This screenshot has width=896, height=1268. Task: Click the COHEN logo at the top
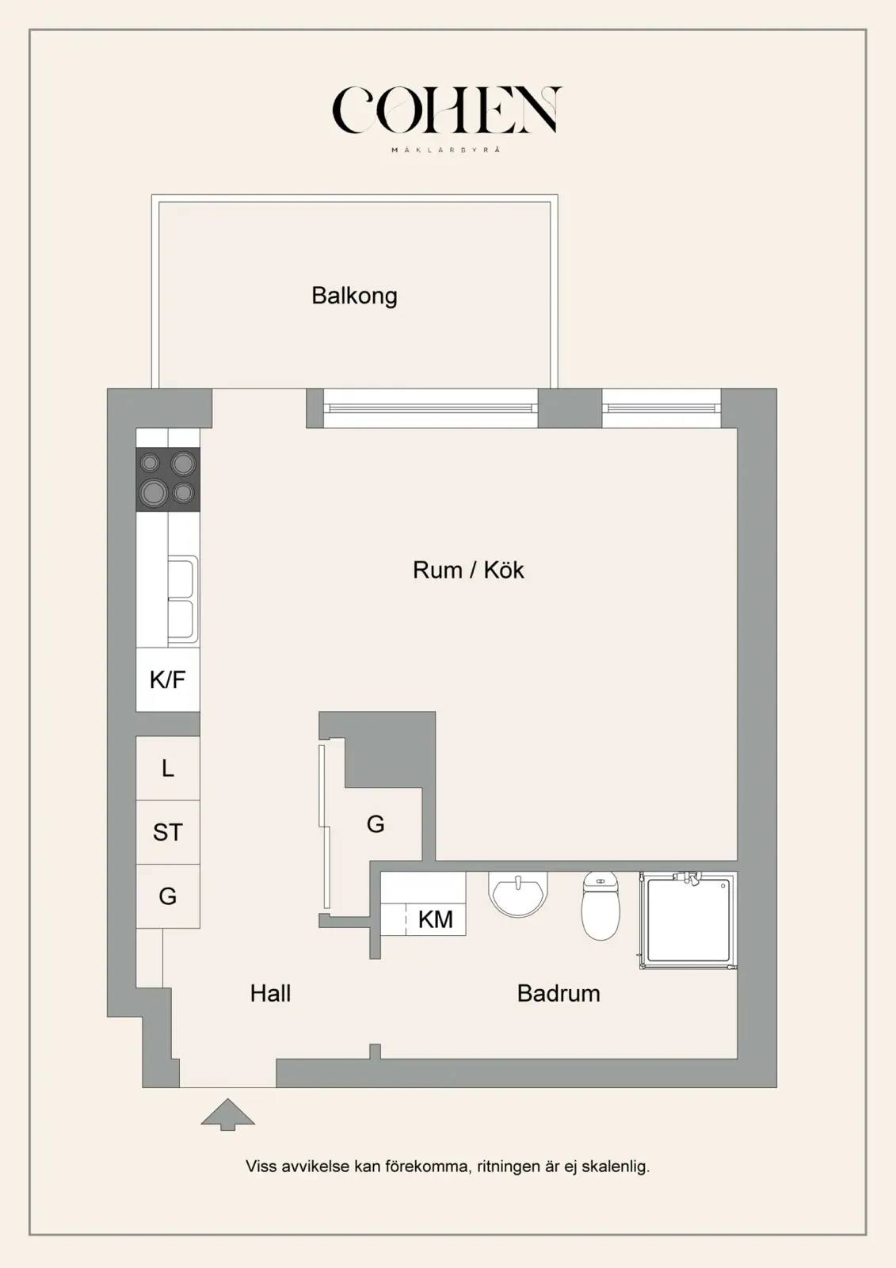[x=447, y=110]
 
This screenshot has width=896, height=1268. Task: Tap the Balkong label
[x=354, y=296]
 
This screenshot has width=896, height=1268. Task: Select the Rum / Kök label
[x=468, y=570]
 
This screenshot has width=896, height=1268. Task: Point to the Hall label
[x=271, y=994]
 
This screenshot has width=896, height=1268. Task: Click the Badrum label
[x=559, y=994]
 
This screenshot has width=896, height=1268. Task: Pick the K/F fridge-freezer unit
[x=168, y=679]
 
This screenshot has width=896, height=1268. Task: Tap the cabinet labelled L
[x=168, y=768]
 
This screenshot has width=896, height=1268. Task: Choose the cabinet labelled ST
[x=168, y=832]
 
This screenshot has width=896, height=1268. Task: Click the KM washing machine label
[x=436, y=919]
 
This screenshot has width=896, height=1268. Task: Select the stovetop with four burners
[x=168, y=479]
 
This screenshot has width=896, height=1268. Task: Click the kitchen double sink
[x=183, y=600]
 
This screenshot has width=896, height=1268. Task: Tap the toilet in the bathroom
[x=601, y=906]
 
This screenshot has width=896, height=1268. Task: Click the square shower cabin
[x=688, y=920]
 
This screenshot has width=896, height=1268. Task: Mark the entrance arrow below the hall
[x=227, y=1114]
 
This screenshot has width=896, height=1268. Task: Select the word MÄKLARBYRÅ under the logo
[x=447, y=150]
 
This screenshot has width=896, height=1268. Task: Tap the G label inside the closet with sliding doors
[x=376, y=824]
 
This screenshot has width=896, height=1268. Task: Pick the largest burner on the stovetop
[x=154, y=492]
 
